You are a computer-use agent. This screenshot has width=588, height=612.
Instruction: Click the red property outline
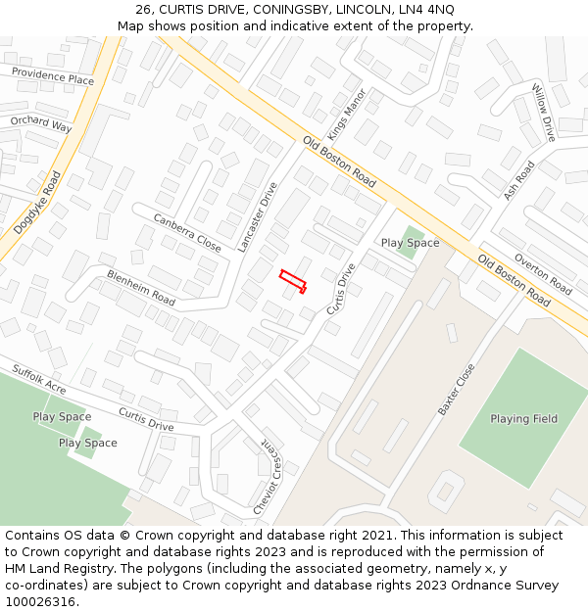(292, 281)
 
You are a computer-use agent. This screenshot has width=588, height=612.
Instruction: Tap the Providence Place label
(54, 76)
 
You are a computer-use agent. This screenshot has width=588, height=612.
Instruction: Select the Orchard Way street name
(41, 125)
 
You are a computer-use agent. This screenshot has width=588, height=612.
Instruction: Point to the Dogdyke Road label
(37, 203)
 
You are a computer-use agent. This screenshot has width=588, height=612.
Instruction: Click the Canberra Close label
(187, 231)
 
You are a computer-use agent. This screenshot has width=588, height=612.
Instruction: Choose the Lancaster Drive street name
(257, 217)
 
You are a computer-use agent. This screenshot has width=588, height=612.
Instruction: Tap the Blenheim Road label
(141, 288)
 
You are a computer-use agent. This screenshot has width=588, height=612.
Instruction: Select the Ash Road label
(519, 181)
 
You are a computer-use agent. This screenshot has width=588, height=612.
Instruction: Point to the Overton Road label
(543, 276)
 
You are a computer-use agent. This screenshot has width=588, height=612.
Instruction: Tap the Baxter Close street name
(456, 390)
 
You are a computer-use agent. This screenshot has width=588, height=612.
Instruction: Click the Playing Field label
(523, 419)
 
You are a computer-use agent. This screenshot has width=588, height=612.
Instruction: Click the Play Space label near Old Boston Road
(410, 243)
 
